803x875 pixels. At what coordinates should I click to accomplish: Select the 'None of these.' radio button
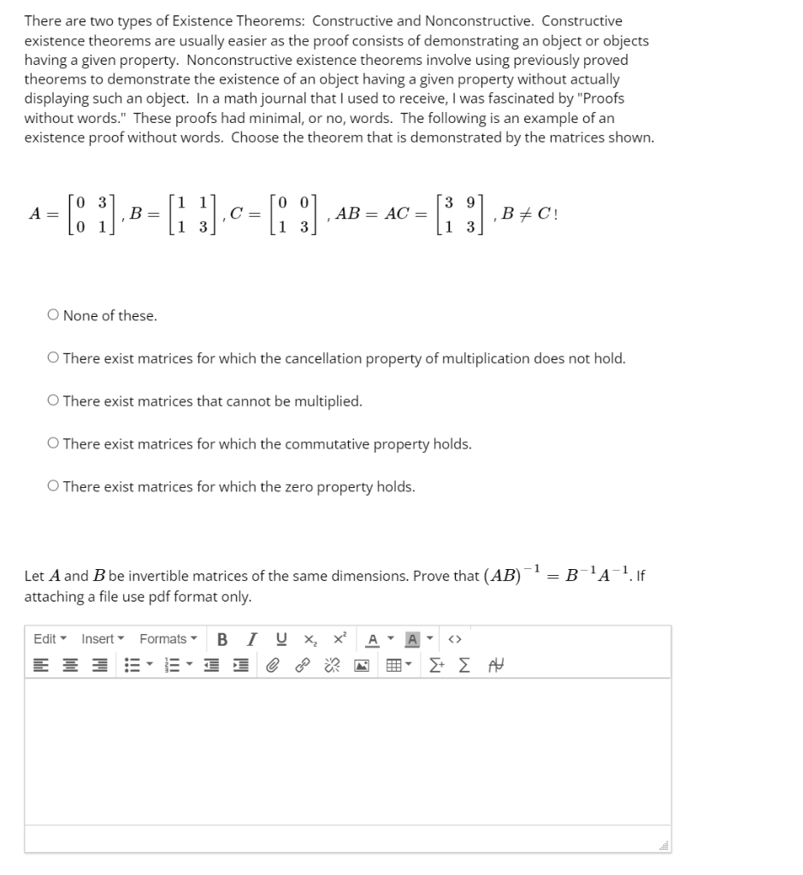click(53, 316)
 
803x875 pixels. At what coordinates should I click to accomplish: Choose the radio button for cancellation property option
click(53, 359)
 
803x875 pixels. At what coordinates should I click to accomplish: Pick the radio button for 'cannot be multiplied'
click(53, 402)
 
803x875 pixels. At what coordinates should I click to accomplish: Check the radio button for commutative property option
click(53, 444)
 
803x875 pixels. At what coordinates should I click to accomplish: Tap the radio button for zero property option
click(53, 487)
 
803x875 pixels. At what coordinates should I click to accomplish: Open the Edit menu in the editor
click(50, 639)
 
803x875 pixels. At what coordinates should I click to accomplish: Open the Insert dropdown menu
click(103, 639)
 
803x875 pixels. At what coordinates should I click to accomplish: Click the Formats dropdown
click(168, 639)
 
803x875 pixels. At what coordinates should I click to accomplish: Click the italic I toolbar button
click(250, 639)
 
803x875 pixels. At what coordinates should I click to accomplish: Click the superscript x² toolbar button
click(340, 639)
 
